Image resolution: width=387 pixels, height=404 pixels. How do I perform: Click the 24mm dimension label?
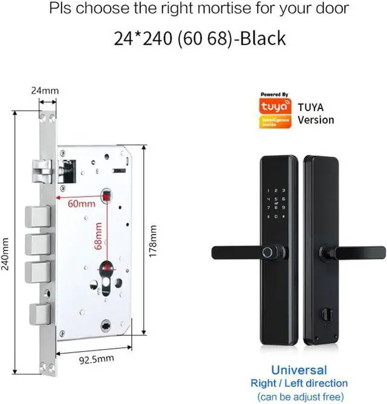(45, 91)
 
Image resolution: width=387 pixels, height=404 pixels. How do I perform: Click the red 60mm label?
(82, 204)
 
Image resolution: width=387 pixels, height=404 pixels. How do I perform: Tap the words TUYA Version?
(316, 114)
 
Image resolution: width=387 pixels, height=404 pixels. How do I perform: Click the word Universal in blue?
(299, 370)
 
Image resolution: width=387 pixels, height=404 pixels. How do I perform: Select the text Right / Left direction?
(299, 383)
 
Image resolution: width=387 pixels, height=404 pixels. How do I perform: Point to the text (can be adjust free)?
(299, 396)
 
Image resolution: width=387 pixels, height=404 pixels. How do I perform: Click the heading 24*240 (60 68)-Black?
(200, 38)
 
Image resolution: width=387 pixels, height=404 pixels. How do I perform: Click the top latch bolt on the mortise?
(41, 171)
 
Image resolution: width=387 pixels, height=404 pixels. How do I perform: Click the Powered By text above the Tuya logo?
(275, 94)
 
